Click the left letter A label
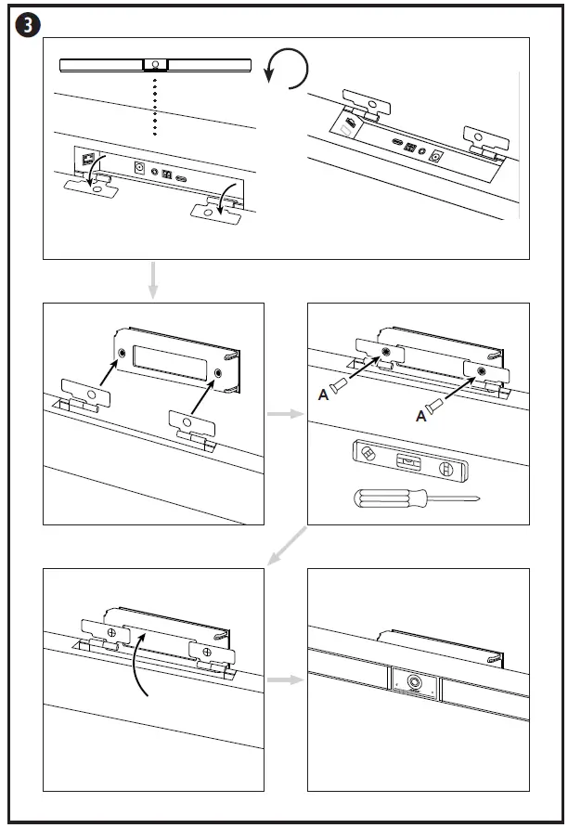(323, 395)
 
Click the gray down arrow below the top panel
(153, 280)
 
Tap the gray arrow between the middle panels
(285, 413)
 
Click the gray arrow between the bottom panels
(285, 679)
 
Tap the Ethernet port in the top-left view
(89, 159)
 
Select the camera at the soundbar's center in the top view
(154, 66)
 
